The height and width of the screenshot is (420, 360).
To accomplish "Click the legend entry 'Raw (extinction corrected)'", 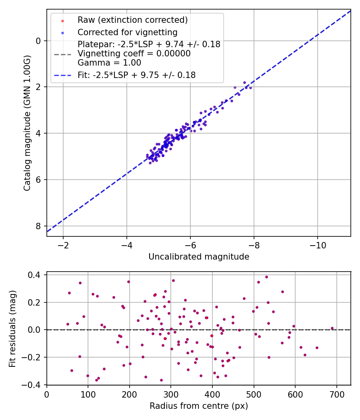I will [132, 20].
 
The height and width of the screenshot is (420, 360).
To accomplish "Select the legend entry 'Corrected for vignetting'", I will [128, 32].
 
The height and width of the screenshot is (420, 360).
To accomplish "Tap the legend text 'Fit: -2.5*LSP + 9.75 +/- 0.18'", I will [136, 75].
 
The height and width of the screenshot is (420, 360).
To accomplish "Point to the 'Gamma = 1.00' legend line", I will [109, 63].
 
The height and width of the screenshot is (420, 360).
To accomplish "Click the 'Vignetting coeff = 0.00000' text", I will [134, 54].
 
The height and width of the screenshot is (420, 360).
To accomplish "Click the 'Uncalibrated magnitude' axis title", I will [199, 257].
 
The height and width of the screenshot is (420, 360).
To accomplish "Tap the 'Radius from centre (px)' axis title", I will [199, 406].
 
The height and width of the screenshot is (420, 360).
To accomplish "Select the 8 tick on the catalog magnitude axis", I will [39, 226].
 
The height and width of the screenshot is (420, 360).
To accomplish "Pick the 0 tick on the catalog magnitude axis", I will [39, 41].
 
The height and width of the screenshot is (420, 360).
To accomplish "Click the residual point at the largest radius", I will [332, 328].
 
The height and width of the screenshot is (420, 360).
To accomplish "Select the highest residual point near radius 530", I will [266, 277].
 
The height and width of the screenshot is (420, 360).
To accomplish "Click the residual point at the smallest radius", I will [68, 324].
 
